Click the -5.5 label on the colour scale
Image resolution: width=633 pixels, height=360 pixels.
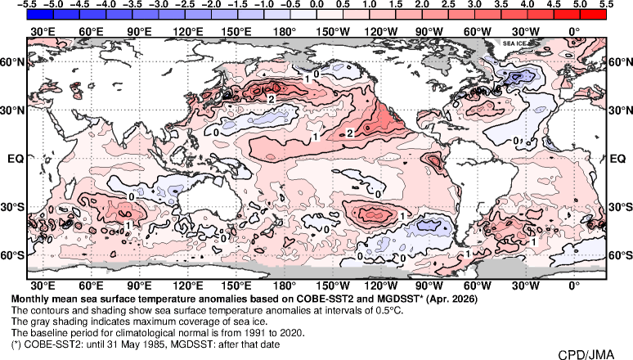pos(27,3)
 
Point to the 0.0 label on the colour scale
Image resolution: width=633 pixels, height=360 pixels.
pos(316,3)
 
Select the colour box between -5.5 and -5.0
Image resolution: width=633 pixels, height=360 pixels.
pos(40,15)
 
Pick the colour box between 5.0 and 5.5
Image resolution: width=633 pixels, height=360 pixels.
pos(593,15)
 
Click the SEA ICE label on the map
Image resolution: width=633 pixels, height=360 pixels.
pos(514,43)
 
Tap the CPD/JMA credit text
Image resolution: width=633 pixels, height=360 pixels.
pos(586,354)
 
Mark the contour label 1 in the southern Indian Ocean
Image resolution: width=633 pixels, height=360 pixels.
pos(128,225)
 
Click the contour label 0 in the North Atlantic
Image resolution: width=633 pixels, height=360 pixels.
pos(515,140)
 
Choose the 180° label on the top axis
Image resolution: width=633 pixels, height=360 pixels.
pos(285,32)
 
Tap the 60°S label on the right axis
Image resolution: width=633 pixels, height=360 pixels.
pos(620,255)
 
